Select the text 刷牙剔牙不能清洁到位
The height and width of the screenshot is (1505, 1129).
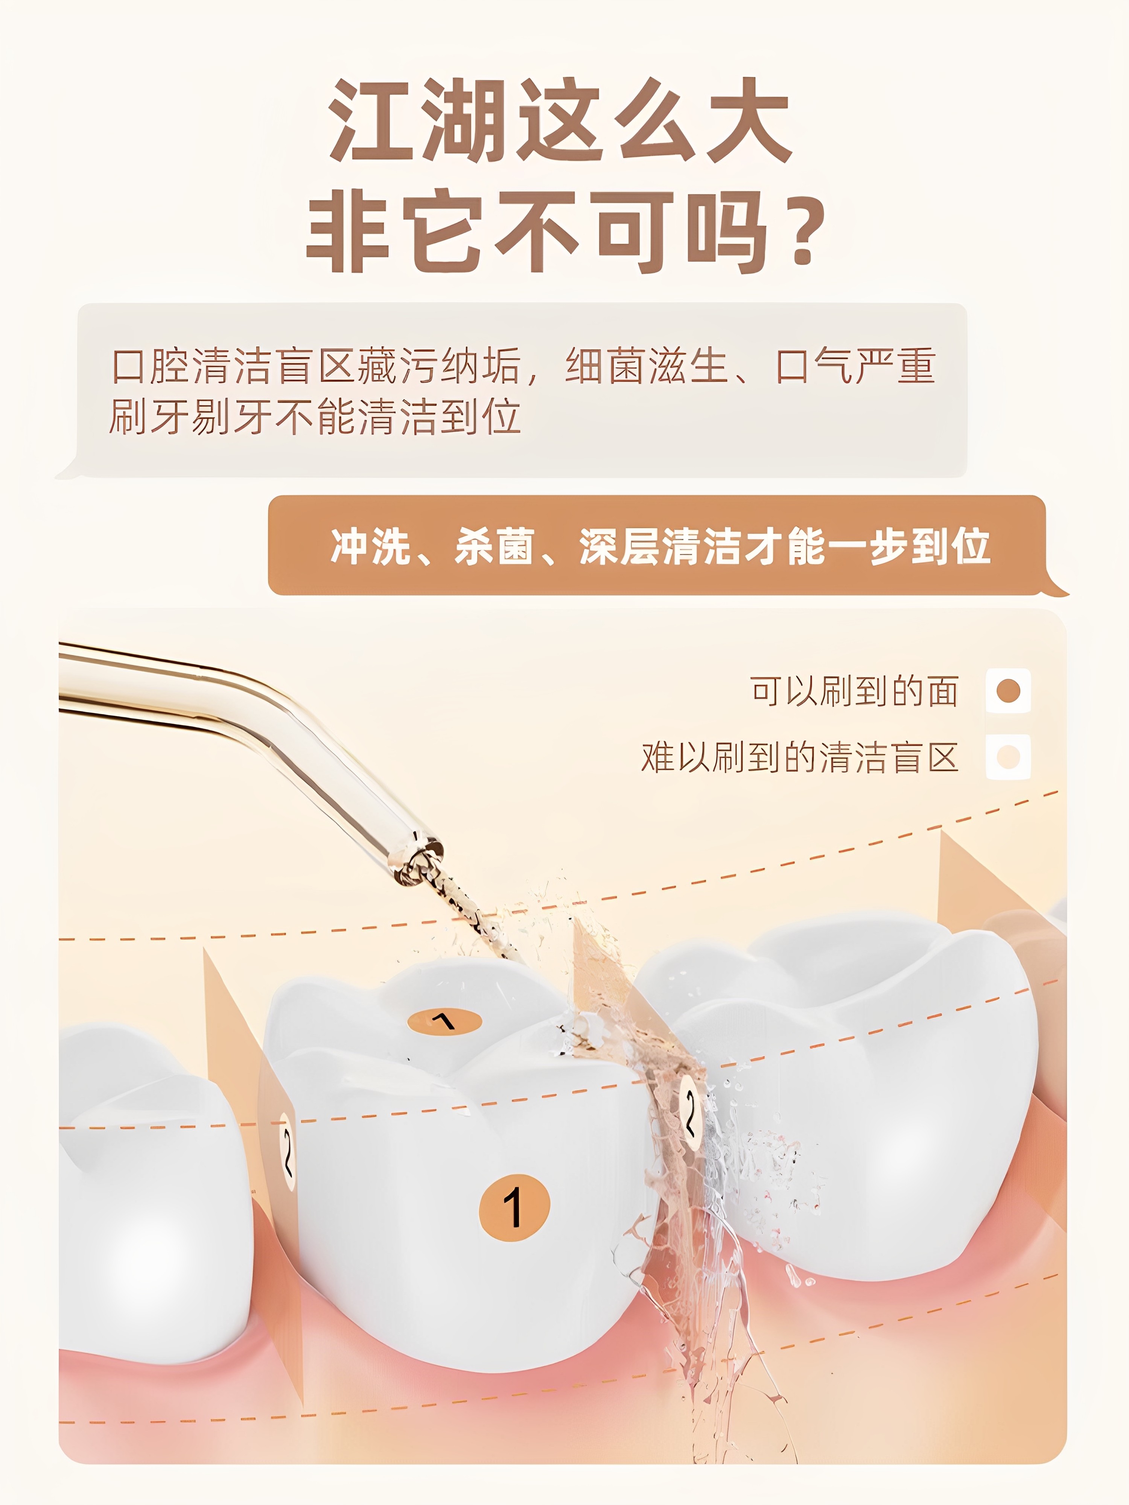coord(315,417)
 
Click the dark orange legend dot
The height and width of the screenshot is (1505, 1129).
coord(1008,690)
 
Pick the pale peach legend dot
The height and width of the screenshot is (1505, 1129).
coord(1008,757)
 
